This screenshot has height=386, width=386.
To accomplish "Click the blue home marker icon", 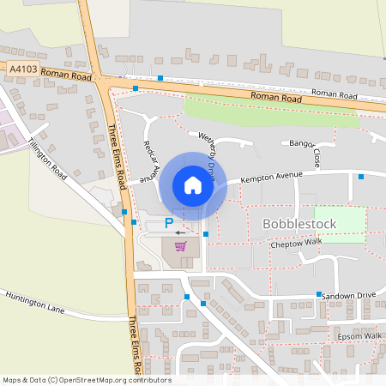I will coord(192,184).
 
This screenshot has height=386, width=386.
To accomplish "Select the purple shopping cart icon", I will coord(180,246).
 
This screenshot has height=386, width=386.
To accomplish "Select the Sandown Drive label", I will coord(348,294).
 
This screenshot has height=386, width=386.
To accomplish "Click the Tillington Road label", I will coord(46,158).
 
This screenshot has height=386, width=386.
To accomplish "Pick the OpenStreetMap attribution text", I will coord(86,379).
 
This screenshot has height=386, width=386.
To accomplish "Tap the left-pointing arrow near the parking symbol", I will coord(179,232).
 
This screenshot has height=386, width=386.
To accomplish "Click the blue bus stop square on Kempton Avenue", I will coord(361,177).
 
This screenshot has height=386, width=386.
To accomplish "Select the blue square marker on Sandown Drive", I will coord(318,294).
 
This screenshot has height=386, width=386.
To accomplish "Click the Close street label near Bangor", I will coord(317,158).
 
